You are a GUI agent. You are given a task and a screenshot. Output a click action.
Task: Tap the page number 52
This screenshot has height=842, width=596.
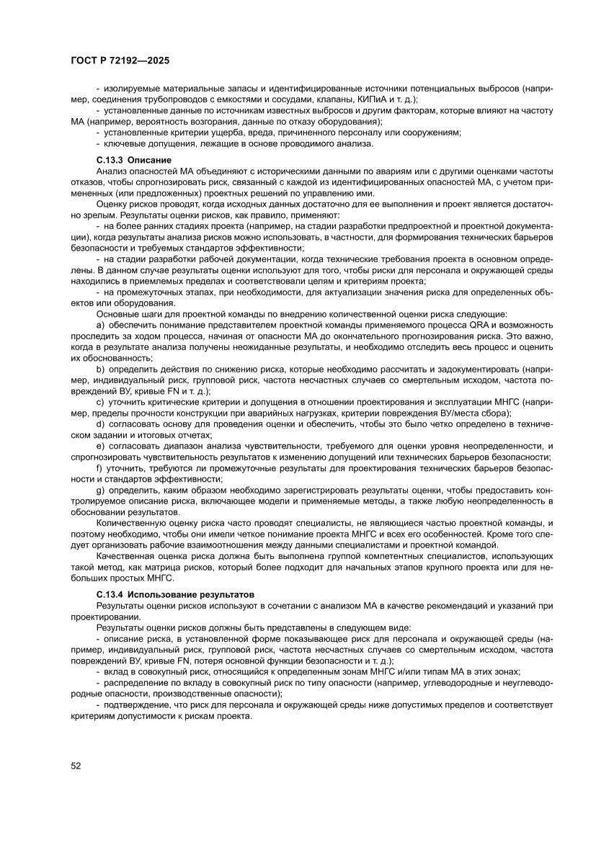pyautogui.click(x=76, y=765)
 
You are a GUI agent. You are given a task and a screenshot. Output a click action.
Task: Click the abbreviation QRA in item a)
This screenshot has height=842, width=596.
pyautogui.click(x=479, y=326)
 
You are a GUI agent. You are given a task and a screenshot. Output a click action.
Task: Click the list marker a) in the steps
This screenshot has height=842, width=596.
pyautogui.click(x=100, y=326)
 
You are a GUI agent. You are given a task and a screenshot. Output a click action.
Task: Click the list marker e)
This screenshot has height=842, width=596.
pyautogui.click(x=100, y=447)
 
